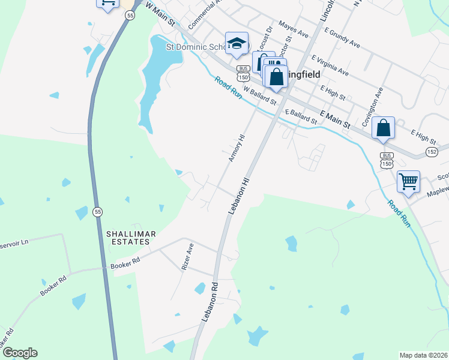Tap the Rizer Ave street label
point(187,256)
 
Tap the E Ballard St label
point(301,116)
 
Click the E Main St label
point(335,118)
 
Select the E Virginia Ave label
point(331,65)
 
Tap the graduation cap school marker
point(237,43)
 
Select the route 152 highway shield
point(431,152)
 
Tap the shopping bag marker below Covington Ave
point(383,128)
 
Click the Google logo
point(20,353)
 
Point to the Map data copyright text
point(423,355)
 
